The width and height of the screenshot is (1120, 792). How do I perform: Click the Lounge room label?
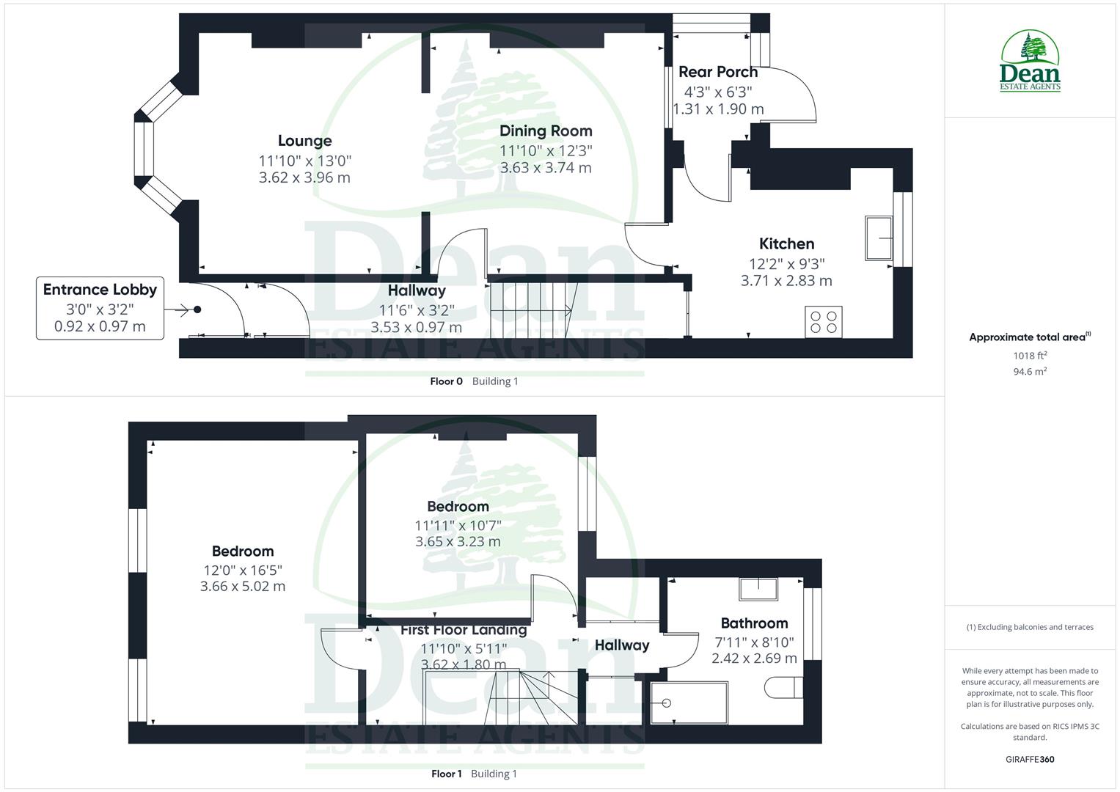coord(304,141)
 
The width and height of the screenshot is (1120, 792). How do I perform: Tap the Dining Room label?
coord(546,131)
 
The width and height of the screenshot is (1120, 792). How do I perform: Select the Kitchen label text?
coord(786,243)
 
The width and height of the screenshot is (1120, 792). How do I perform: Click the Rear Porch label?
coord(717,72)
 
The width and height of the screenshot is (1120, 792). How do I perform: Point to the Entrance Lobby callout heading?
coord(100,290)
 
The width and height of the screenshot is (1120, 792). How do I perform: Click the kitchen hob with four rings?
coord(824,321)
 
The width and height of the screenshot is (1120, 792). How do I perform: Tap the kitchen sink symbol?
coord(879,238)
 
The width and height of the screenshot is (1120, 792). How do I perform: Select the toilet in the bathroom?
coord(783,688)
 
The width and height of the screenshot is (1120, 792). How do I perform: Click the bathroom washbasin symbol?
coord(758,589)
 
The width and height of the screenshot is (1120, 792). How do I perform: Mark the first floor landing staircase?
coord(535,696)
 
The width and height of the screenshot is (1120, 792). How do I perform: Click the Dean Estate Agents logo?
coord(1031,62)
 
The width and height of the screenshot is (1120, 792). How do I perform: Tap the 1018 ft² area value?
coord(1030,356)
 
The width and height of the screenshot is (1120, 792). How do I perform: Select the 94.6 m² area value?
coord(1030,372)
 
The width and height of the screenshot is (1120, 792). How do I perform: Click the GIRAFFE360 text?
coord(1030,759)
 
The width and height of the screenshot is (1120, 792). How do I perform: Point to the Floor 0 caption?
coord(446,381)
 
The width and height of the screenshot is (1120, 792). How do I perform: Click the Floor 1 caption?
coord(446,774)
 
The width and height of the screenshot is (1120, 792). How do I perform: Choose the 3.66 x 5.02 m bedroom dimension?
coord(243,587)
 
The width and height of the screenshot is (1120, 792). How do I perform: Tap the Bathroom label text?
coord(754,623)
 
